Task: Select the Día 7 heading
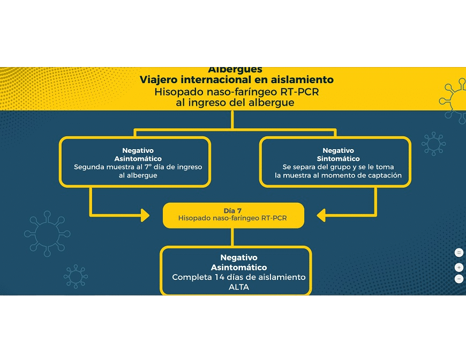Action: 233,210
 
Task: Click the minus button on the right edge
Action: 459,279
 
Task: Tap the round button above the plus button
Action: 459,253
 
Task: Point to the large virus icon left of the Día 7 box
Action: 47,233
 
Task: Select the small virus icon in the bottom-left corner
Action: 75,276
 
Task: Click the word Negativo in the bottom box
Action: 238,258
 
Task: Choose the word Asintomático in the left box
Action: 138,159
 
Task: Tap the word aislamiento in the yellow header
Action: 304,80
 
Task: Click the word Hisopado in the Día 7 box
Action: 196,219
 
